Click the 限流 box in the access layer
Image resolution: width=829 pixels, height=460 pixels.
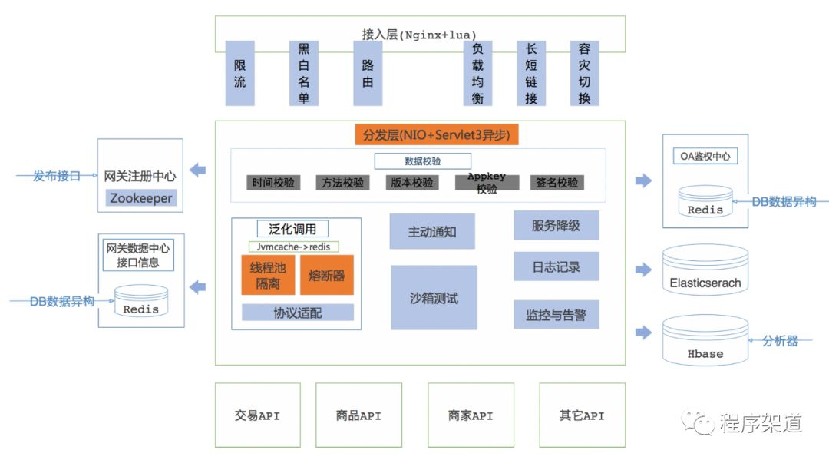coord(239,74)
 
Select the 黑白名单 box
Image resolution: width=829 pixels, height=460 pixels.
coord(303,74)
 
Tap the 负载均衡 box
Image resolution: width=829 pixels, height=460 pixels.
coord(477,74)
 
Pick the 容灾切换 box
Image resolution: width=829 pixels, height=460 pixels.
coord(584,74)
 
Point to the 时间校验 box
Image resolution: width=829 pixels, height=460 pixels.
coord(274,183)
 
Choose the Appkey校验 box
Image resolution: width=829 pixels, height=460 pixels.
coord(486,183)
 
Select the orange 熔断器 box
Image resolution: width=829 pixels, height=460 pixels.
coord(326,276)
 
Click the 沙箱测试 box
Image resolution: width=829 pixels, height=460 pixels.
coord(434,298)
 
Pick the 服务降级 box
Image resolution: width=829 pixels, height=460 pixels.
coord(556,226)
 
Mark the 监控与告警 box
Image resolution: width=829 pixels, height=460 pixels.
coord(556,315)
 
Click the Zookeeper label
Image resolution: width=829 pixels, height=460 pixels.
coord(140,197)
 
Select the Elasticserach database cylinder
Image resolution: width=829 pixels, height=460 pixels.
coord(705,270)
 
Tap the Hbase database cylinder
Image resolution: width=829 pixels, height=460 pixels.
coord(705,342)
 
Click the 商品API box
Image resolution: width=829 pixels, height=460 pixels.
coord(358,415)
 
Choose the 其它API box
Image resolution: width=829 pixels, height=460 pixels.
coord(582,415)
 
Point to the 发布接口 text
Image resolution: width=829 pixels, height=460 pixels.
coord(56,176)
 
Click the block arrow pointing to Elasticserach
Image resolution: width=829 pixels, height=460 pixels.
coord(643,269)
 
